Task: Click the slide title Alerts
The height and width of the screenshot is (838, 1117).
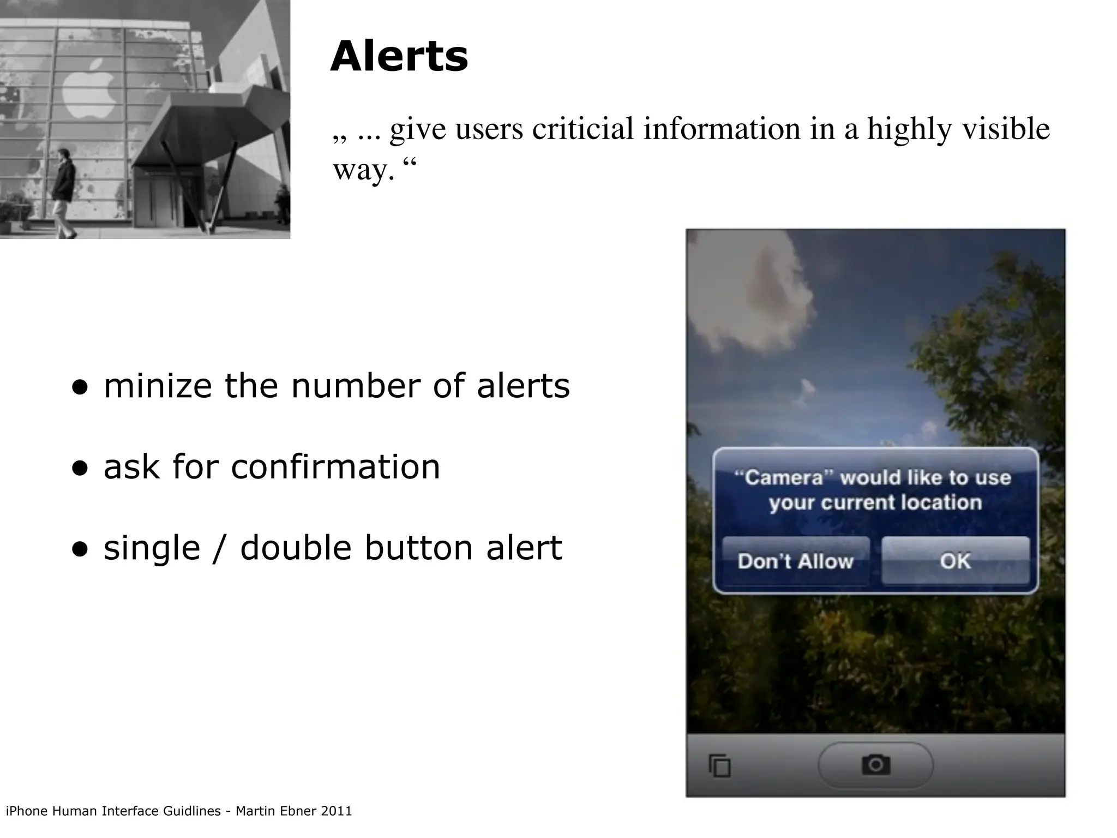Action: click(399, 57)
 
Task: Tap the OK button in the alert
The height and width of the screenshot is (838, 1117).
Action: click(955, 561)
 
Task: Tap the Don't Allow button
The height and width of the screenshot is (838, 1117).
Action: click(795, 561)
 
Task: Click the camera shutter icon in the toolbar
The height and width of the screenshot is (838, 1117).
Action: click(876, 764)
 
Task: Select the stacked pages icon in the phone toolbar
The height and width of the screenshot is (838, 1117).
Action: click(719, 765)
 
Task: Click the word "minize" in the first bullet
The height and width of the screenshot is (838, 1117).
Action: click(158, 386)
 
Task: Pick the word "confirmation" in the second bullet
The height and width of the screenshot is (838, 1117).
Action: click(335, 467)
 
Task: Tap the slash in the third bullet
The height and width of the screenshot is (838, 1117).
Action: click(220, 548)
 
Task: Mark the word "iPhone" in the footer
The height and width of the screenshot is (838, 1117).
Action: click(26, 811)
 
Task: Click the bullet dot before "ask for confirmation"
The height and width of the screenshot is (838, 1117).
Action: click(80, 468)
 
